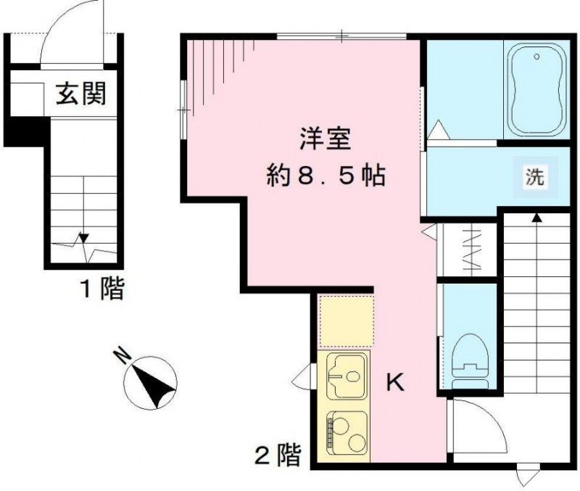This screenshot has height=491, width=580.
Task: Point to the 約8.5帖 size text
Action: click(x=325, y=176)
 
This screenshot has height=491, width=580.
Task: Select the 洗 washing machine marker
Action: click(x=534, y=178)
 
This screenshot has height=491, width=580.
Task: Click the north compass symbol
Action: click(x=151, y=383)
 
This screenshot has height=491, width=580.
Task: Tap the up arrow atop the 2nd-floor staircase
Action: click(x=536, y=217)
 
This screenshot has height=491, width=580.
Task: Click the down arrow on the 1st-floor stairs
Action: click(x=83, y=238)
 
